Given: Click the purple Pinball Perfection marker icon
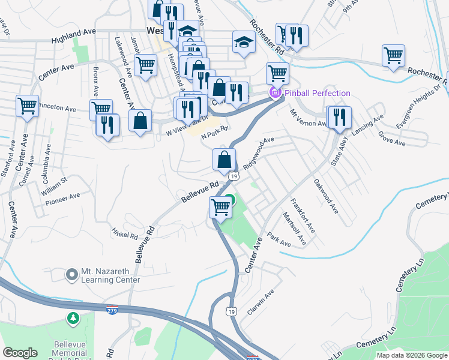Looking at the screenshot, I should pos(275,93).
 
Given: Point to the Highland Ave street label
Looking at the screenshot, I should pos(74,38).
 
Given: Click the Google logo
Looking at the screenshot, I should pos(20,353).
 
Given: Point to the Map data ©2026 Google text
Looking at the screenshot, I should pos(411,355).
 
